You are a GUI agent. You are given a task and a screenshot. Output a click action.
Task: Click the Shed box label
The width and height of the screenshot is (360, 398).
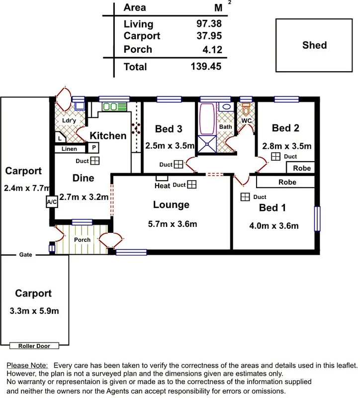pyautogui.click(x=314, y=45)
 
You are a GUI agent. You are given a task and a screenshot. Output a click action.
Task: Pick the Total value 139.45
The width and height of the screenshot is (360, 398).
pyautogui.click(x=206, y=66)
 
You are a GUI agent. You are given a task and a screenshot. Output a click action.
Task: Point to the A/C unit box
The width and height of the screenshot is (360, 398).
pyautogui.click(x=51, y=202)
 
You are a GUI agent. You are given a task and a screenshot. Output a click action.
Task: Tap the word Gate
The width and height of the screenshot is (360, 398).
pyautogui.click(x=26, y=254)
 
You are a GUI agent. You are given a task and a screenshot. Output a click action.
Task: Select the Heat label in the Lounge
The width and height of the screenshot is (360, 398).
pyautogui.click(x=162, y=186)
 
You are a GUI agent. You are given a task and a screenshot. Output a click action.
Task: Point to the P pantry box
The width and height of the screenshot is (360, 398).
pyautogui.click(x=93, y=148)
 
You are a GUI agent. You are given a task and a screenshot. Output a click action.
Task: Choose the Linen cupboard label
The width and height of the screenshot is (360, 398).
pyautogui.click(x=70, y=148)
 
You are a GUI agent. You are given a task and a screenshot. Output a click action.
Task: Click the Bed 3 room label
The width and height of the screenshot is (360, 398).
pyautogui.click(x=168, y=129)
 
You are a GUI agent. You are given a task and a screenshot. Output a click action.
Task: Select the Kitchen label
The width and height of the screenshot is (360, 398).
pyautogui.click(x=108, y=135)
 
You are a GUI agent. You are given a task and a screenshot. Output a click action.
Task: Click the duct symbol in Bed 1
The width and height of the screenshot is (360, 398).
pyautogui.click(x=245, y=197)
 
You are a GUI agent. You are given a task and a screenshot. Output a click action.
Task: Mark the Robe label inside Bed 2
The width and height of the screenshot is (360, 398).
pyautogui.click(x=301, y=168)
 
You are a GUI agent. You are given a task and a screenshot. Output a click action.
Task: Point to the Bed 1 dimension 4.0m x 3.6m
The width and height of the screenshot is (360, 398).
pyautogui.click(x=273, y=226)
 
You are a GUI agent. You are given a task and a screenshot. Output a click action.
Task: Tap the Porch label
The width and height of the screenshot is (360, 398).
pyautogui.click(x=82, y=240)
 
